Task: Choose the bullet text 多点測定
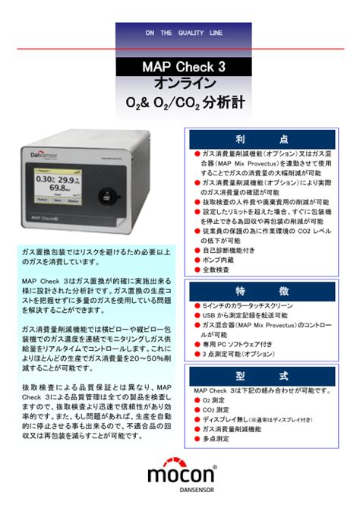pos(216,438)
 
